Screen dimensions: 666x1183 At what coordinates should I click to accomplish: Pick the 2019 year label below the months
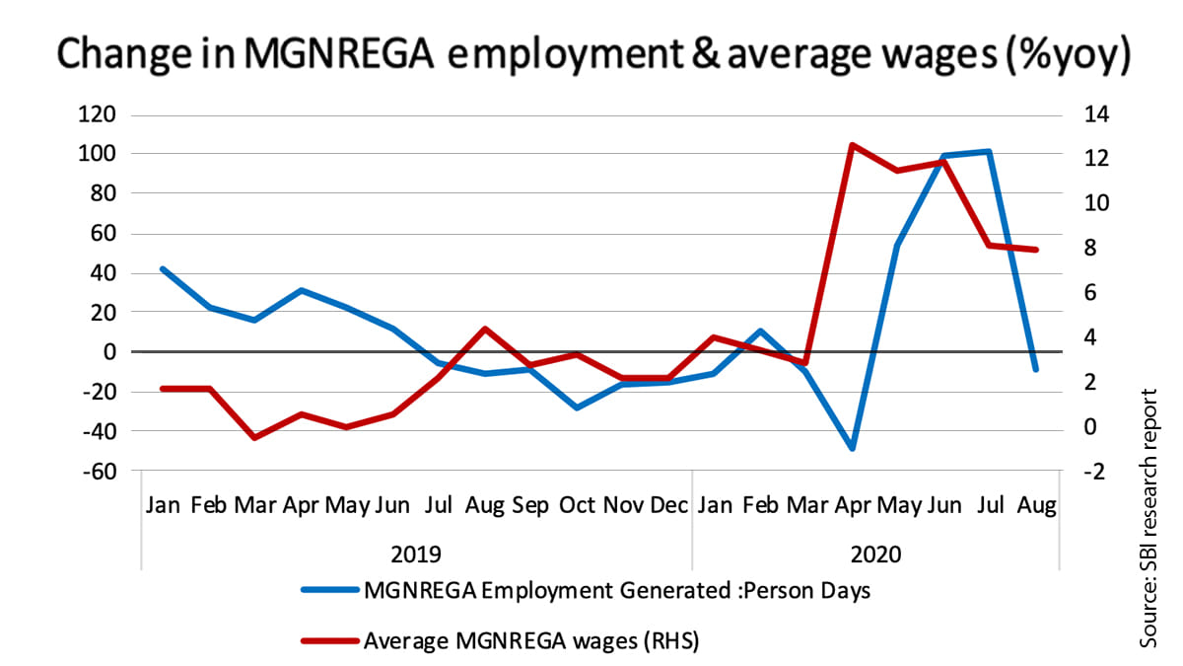coord(416,554)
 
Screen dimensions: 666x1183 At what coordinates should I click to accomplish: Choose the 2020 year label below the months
coord(875,554)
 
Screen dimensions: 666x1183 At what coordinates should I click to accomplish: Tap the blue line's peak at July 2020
coord(989,152)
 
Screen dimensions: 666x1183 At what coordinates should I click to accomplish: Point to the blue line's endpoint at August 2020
coord(1035,369)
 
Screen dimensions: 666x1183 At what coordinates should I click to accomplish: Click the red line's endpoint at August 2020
coord(1035,250)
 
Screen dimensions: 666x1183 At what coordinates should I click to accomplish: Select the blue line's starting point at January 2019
coord(163,268)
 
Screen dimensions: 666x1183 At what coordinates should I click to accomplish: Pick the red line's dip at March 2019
coord(254,437)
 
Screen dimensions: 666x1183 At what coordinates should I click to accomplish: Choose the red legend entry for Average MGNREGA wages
coord(530,640)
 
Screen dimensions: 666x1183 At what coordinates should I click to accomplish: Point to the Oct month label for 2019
coord(577,506)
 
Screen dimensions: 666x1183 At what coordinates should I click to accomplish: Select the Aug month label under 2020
coord(1035,506)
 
